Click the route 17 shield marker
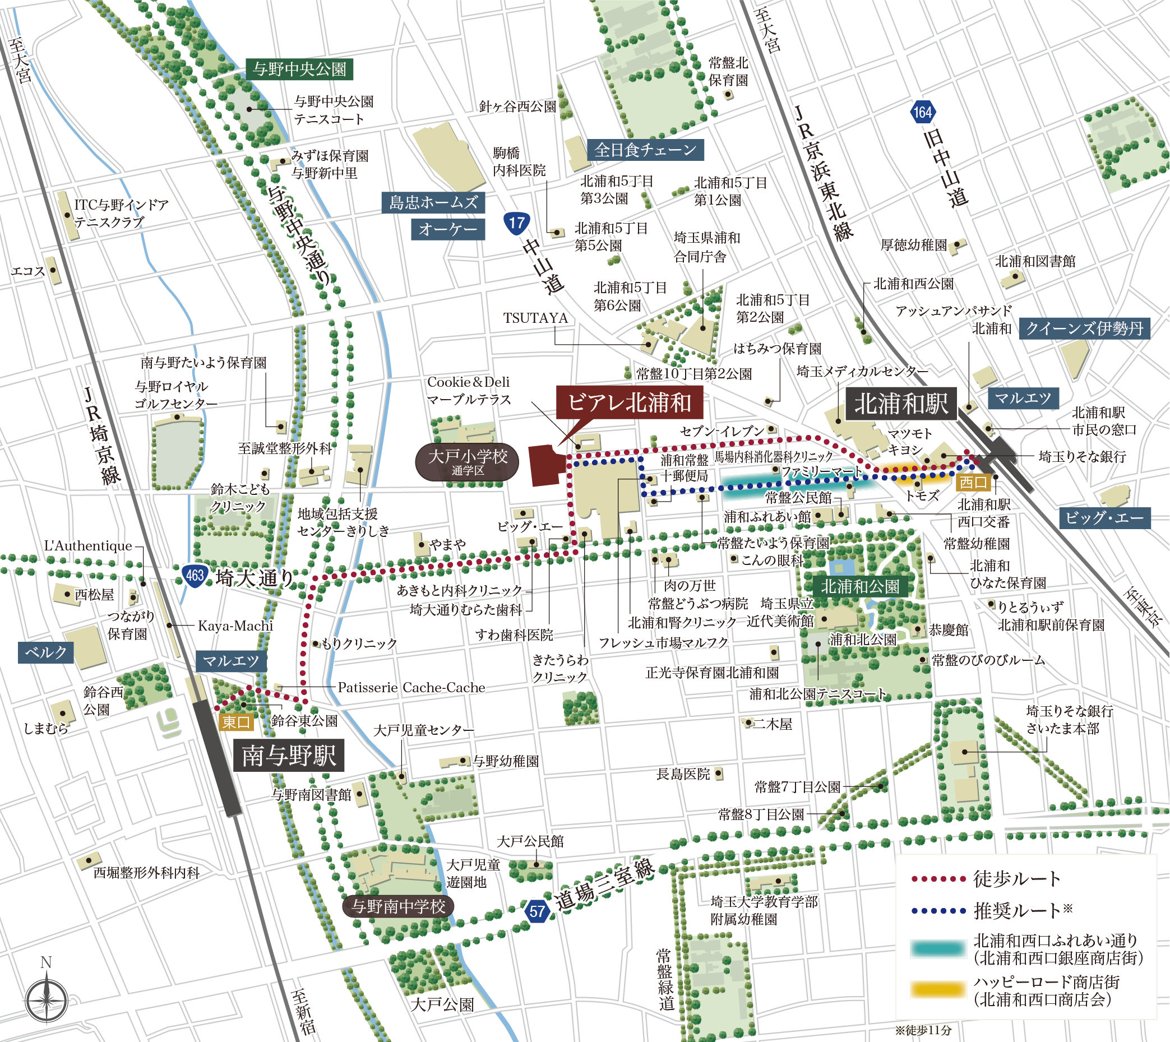pos(516,223)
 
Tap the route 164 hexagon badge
pos(923,112)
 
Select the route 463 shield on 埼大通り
pos(195,575)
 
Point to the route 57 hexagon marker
pos(537,911)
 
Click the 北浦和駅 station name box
pos(901,404)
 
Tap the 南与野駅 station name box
pos(289,756)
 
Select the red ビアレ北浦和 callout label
pos(630,402)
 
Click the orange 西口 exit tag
pos(973,482)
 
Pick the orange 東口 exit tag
pos(236,723)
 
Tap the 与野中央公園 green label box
pos(299,70)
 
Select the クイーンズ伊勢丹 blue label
pos(1084,328)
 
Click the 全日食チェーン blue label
pos(645,150)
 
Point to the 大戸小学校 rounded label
pos(468,461)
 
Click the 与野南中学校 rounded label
pos(398,906)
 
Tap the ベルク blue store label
pos(46,652)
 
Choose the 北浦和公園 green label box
pos(859,586)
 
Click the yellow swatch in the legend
pos(938,990)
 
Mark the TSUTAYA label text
pos(535,318)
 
